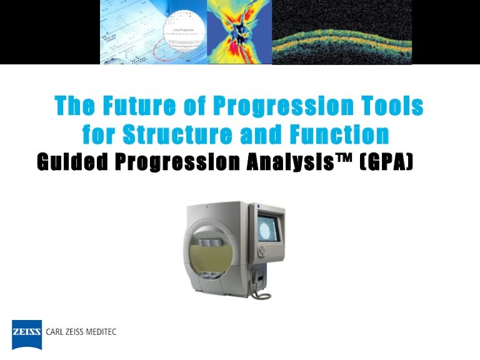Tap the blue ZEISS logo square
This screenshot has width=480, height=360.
(27, 334)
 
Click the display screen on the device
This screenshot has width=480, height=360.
(269, 228)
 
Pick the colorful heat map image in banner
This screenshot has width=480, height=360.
(239, 31)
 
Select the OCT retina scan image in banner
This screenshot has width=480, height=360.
(342, 31)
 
